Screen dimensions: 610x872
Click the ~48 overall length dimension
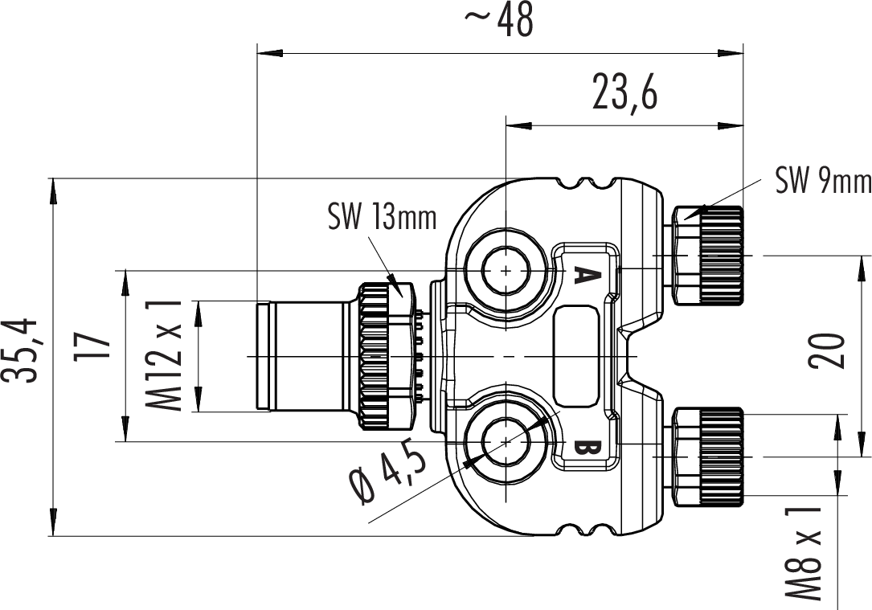coord(499,22)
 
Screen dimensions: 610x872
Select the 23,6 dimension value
coord(624,93)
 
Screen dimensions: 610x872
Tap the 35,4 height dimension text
coord(22,351)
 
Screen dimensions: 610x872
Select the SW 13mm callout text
coord(382,216)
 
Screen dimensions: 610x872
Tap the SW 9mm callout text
coord(822,182)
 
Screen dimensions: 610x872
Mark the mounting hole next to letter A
coord(505,271)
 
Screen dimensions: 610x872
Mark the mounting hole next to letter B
coord(505,441)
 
